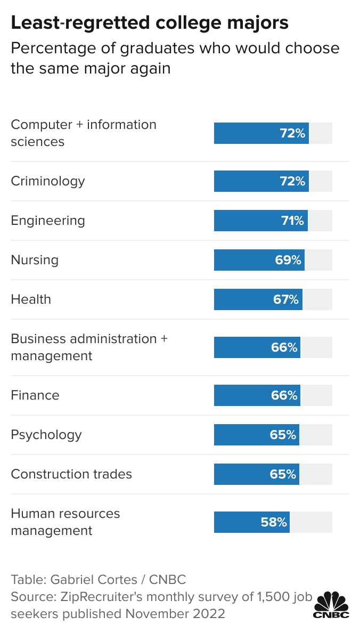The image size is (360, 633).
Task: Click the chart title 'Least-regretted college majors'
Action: (150, 22)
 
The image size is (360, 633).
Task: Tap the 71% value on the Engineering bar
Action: (292, 221)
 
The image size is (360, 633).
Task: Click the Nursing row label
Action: (35, 260)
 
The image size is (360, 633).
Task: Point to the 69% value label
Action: (288, 260)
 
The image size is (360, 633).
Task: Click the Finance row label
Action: (35, 395)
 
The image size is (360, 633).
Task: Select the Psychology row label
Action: (46, 435)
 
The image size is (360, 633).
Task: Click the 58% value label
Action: (274, 522)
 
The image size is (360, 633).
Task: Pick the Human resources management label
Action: (65, 522)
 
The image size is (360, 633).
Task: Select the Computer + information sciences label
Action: (84, 133)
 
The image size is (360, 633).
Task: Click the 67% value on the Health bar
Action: (286, 299)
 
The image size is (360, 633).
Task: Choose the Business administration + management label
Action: (89, 347)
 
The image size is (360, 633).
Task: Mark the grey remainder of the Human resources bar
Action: (311, 522)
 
